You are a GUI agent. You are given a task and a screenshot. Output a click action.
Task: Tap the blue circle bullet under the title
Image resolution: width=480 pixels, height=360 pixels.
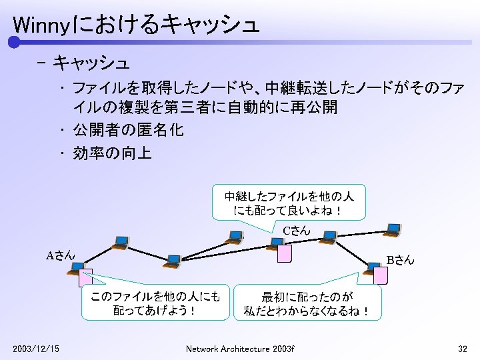tap(14, 43)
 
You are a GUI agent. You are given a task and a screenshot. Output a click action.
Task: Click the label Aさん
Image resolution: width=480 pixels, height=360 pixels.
tap(60, 255)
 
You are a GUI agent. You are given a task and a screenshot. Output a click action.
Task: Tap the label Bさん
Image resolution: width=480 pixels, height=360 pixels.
tap(400, 260)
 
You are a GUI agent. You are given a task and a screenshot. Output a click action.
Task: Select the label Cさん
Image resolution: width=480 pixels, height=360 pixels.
tap(296, 231)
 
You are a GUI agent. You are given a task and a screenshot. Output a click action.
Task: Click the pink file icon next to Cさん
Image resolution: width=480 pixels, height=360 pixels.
tap(285, 254)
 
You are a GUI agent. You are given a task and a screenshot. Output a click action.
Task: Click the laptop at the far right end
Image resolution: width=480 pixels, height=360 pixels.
tap(393, 230)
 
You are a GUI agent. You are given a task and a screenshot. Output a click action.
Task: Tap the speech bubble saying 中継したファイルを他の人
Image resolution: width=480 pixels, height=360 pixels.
tap(289, 202)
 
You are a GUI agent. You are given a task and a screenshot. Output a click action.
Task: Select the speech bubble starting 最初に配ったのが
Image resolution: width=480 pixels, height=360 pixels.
tap(307, 303)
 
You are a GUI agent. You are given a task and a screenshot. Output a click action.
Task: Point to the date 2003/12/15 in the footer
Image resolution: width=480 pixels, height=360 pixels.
tap(36, 349)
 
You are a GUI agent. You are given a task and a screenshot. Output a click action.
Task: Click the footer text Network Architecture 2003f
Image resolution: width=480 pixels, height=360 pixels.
tap(240, 349)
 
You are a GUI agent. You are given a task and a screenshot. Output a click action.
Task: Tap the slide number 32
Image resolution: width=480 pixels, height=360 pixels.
tap(463, 349)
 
